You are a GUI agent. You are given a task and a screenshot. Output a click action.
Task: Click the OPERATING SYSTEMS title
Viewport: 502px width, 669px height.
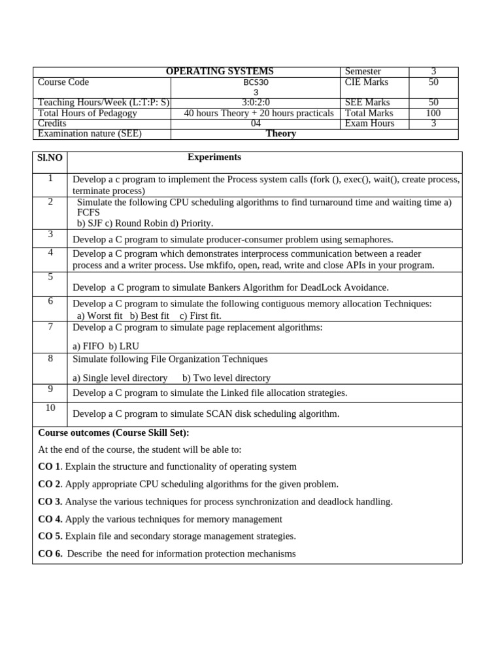[220, 71]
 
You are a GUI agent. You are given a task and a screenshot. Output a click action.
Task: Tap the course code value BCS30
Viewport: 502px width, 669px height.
[256, 82]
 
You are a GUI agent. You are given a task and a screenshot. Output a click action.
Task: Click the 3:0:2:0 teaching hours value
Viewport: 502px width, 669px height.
[256, 103]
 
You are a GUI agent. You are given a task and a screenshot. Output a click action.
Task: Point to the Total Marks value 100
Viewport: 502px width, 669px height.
[433, 113]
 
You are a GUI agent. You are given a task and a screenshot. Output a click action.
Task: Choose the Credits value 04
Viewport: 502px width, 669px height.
[256, 123]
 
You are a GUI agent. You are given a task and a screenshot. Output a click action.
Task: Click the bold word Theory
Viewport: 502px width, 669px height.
[281, 134]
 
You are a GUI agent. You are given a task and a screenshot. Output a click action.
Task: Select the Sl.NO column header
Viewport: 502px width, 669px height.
[50, 158]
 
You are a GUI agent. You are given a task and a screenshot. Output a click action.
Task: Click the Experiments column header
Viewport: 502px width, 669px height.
[214, 157]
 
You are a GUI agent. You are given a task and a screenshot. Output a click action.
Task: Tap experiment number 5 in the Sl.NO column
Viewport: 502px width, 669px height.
[50, 277]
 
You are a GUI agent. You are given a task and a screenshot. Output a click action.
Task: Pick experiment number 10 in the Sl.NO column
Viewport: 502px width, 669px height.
[50, 408]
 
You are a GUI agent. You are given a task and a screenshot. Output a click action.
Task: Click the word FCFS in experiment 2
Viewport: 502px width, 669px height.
[88, 213]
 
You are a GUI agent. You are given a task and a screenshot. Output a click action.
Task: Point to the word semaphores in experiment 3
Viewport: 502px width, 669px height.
[369, 240]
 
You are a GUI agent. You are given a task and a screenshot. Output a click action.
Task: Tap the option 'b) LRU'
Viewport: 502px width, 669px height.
[124, 346]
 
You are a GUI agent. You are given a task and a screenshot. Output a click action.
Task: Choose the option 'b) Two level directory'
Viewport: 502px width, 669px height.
[226, 378]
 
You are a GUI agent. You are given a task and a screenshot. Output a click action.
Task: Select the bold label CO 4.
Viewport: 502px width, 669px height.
[50, 519]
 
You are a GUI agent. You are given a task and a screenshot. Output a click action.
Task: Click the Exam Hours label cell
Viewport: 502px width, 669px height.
[369, 123]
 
